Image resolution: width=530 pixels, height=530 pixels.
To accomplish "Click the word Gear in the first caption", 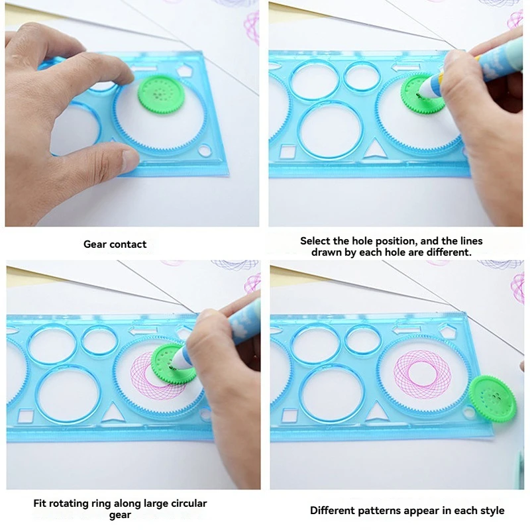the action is [x=95, y=244].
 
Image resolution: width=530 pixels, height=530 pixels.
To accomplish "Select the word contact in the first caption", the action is [x=128, y=244].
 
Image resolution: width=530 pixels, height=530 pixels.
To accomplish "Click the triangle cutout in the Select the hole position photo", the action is [x=375, y=149].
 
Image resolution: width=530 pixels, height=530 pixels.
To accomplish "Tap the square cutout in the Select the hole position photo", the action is [x=288, y=151].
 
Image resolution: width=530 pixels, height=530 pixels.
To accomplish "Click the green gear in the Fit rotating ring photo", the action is [x=172, y=364].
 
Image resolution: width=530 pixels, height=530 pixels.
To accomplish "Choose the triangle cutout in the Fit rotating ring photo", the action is [x=113, y=413].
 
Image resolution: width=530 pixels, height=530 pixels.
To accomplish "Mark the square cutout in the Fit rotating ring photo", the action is [x=26, y=417].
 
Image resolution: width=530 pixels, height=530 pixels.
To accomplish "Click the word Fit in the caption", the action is [x=40, y=503].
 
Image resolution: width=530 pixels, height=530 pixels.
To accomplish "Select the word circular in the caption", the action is [x=189, y=503].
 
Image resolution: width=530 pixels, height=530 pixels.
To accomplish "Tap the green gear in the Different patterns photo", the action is [x=492, y=399].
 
